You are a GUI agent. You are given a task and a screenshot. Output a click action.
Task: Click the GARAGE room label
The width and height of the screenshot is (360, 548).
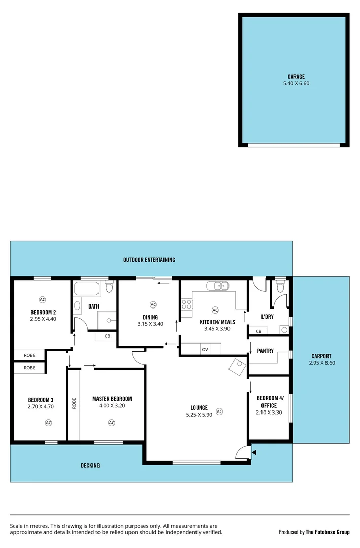pyautogui.click(x=296, y=77)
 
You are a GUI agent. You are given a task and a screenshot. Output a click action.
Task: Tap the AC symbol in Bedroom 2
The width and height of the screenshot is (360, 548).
pyautogui.click(x=43, y=299)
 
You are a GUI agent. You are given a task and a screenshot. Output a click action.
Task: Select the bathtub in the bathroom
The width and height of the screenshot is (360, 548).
pyautogui.click(x=87, y=290)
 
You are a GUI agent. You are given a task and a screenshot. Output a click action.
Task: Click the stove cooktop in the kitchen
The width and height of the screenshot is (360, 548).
pyautogui.click(x=187, y=304)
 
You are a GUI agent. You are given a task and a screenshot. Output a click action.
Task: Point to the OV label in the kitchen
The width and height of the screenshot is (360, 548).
pyautogui.click(x=205, y=349)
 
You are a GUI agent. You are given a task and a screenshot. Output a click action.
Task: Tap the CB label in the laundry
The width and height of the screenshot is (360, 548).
pyautogui.click(x=258, y=331)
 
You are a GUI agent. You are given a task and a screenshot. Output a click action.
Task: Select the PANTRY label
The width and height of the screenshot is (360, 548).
pyautogui.click(x=266, y=351)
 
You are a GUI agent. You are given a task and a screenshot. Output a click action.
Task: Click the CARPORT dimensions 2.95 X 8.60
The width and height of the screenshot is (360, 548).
pyautogui.click(x=322, y=363)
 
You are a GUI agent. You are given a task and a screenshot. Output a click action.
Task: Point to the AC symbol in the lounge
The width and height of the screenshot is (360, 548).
pyautogui.click(x=219, y=412)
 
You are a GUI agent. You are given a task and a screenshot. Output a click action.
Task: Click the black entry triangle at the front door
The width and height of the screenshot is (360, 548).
pyautogui.click(x=254, y=452)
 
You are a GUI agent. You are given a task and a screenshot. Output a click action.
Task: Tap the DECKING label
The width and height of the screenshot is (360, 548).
pyautogui.click(x=90, y=465)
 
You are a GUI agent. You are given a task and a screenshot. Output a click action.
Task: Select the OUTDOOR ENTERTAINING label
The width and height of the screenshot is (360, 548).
pyautogui.click(x=149, y=260)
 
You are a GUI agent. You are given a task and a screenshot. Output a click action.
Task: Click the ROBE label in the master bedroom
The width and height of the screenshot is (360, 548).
pyautogui.click(x=74, y=404)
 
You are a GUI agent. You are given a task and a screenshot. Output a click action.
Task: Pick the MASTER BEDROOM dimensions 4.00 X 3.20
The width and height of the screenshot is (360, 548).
pyautogui.click(x=112, y=406)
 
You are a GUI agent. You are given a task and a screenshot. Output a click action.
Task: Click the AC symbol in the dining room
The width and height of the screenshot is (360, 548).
pyautogui.click(x=153, y=304)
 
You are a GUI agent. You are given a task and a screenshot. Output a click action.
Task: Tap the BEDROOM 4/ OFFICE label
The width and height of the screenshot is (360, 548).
pyautogui.click(x=267, y=402)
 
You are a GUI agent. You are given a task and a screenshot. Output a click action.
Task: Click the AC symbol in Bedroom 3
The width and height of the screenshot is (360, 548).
pyautogui.click(x=49, y=422)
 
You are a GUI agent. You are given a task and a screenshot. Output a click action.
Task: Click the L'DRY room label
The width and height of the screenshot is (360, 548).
pyautogui.click(x=267, y=317)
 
